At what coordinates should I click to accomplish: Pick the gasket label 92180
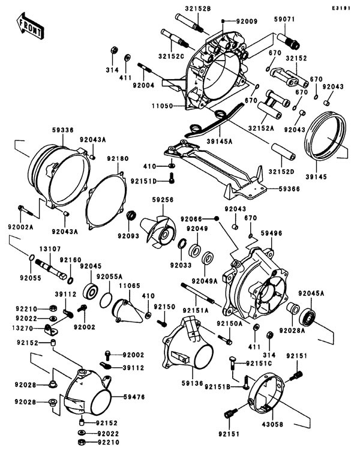coord(118,158)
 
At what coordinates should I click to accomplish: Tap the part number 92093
coord(129,235)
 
